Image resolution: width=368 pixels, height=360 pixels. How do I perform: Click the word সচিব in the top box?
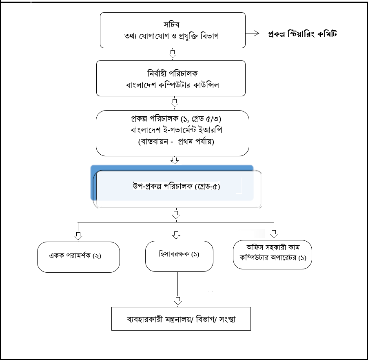coord(171,24)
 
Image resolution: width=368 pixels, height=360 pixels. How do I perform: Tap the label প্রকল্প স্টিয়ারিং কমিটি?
coord(303,34)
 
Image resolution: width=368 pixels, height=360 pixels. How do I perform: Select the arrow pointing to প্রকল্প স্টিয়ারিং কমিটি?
coord(252,33)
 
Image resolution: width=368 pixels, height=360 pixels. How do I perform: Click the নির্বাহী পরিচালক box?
coord(171,78)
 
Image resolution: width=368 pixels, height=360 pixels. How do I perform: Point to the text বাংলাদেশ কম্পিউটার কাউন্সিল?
coord(173,85)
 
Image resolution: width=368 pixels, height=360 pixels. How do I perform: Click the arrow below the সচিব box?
coord(173,53)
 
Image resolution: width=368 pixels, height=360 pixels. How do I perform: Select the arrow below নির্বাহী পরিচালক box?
coord(174,103)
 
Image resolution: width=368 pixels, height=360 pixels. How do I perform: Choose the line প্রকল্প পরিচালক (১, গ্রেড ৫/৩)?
coord(176,119)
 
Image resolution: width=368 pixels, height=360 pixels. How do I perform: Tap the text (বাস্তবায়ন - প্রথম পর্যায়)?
coord(176,141)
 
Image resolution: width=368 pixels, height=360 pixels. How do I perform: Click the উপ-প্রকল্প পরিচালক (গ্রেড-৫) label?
coord(177,186)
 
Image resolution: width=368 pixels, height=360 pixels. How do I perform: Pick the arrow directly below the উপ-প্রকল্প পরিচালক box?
coord(176,213)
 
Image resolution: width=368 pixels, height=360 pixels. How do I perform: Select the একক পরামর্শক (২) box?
coord(78,257)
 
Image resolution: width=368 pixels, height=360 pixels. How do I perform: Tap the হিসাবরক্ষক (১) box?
coord(179,256)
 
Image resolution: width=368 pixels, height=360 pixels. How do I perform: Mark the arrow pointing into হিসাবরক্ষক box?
coord(176,235)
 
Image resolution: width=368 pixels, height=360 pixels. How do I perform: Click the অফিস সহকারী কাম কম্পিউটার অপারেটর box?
coord(273,255)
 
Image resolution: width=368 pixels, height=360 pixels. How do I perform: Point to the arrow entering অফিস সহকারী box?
coord(274,234)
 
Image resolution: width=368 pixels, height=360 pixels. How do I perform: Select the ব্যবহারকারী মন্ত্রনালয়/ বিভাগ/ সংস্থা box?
coord(181,319)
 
